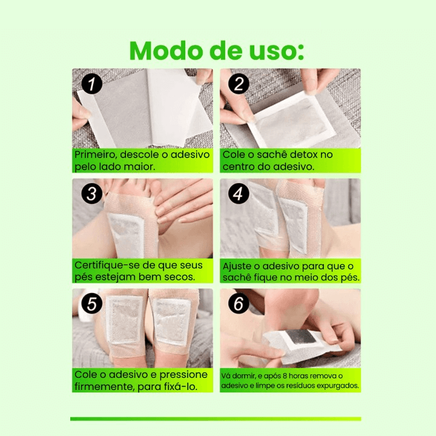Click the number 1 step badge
pyautogui.click(x=91, y=84)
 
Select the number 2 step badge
pyautogui.click(x=238, y=84)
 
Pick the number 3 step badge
pyautogui.click(x=91, y=194)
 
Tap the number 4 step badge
pyautogui.click(x=238, y=194)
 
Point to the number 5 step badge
pyautogui.click(x=91, y=304)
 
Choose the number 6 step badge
pyautogui.click(x=238, y=304)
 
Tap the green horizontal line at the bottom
pyautogui.click(x=216, y=418)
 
